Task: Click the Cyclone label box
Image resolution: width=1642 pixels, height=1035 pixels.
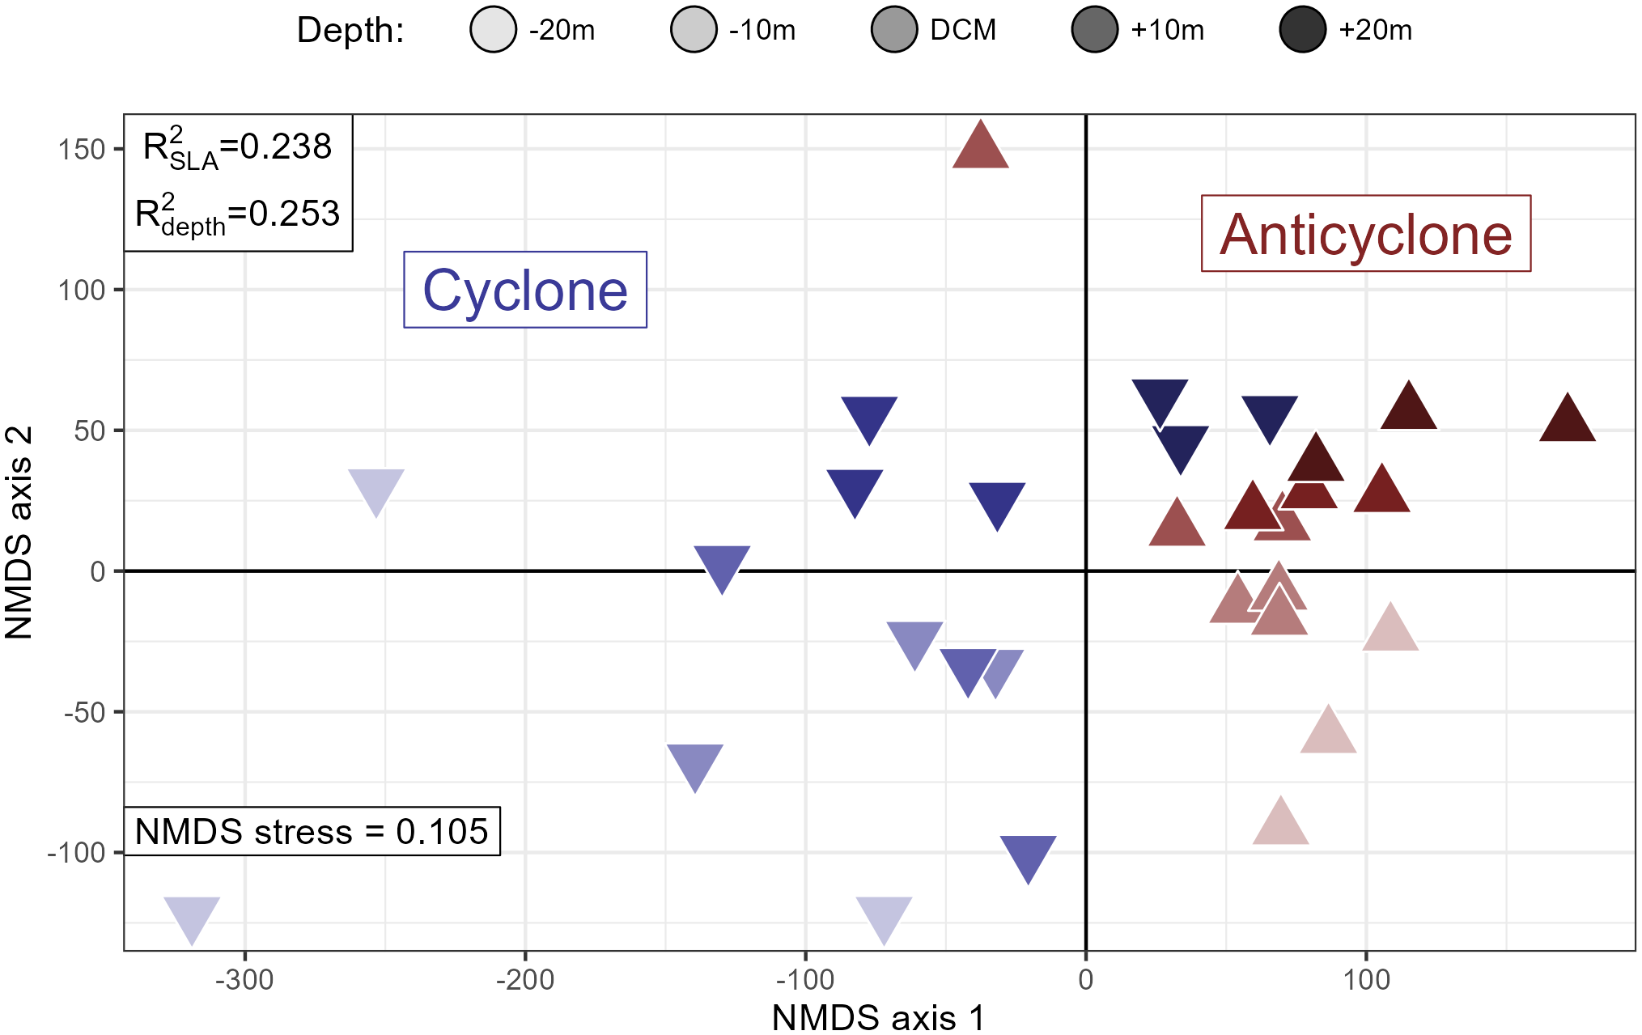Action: coord(524,290)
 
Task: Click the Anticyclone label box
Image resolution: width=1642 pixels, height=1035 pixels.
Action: coord(1365,234)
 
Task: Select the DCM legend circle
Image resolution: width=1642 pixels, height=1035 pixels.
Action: coord(893,30)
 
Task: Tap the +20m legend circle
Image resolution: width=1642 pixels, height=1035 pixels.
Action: coord(1302,30)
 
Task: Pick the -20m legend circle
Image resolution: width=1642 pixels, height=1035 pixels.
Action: coord(493,30)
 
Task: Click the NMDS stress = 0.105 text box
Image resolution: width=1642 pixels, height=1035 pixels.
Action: coord(312,831)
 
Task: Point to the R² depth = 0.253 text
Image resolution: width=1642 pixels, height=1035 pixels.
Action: coord(237,214)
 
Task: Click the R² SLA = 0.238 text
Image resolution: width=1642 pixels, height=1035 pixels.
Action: coord(237,148)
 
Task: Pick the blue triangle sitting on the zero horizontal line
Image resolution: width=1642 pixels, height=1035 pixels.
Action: coord(722,565)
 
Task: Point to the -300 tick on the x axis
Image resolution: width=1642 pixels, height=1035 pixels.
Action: coord(244,980)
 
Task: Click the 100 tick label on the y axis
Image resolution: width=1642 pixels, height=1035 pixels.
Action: coord(81,290)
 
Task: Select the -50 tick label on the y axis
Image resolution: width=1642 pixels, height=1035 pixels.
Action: coord(84,712)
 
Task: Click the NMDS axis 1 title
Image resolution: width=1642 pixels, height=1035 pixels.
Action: coord(878,1017)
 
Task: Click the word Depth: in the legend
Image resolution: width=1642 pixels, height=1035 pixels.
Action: coord(350,31)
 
